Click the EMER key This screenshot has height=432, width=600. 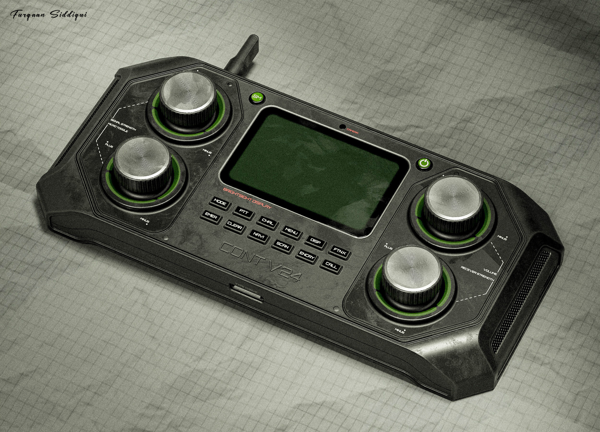(x=211, y=218)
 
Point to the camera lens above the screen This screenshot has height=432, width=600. (x=342, y=126)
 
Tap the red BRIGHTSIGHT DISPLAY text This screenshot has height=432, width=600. (x=247, y=198)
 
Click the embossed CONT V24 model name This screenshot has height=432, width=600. (x=261, y=262)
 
